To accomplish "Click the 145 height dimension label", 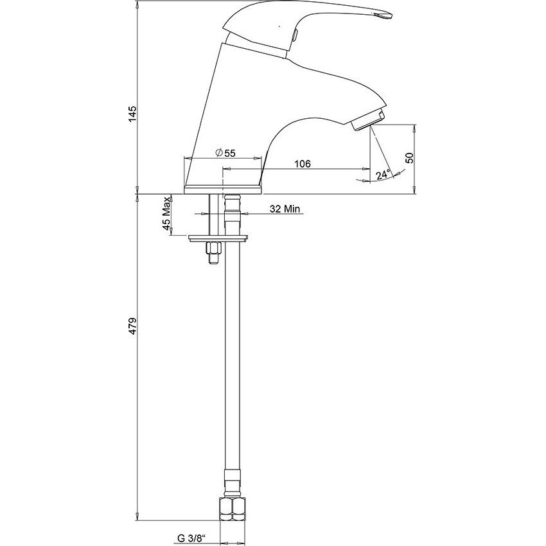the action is pos(133,113).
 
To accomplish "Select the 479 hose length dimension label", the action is pos(133,326).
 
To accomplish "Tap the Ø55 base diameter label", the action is pos(225,153).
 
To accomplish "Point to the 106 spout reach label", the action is pos(303,164).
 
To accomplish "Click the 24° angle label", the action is pos(383,174).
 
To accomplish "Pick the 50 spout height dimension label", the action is pos(410,158).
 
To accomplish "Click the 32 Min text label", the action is pos(285,209).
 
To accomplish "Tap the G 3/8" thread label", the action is pos(190,538).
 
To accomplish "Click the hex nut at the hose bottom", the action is pos(233,509).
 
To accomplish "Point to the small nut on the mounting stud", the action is pos(213,249).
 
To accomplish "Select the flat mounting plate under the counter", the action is pos(218,238).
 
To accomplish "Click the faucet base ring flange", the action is pos(223,189).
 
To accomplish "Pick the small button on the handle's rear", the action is pos(295,35).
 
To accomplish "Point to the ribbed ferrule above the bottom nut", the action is pos(233,483).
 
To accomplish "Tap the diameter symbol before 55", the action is pos(219,153).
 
